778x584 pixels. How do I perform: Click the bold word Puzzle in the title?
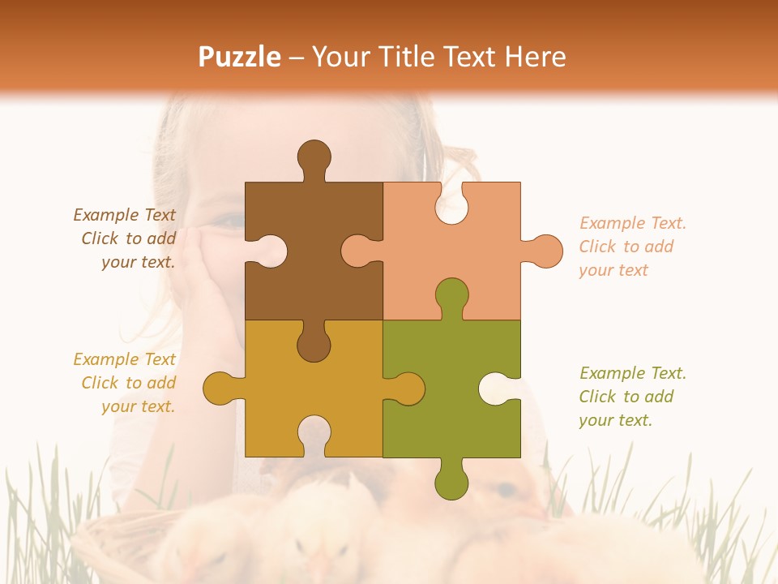point(240,57)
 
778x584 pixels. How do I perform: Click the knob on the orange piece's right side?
point(545,251)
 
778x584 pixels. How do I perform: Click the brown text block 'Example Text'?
point(125,215)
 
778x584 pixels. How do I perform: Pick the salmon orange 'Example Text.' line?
point(633,223)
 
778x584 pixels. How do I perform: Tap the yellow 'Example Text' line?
point(125,359)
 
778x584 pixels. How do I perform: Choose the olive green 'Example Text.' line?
point(633,373)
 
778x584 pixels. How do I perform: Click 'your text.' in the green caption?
point(615,420)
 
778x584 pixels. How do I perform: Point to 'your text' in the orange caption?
point(613,270)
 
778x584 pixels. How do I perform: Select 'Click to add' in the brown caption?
point(128,238)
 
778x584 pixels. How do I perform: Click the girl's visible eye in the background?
point(231,221)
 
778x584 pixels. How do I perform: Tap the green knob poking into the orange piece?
point(451,295)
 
